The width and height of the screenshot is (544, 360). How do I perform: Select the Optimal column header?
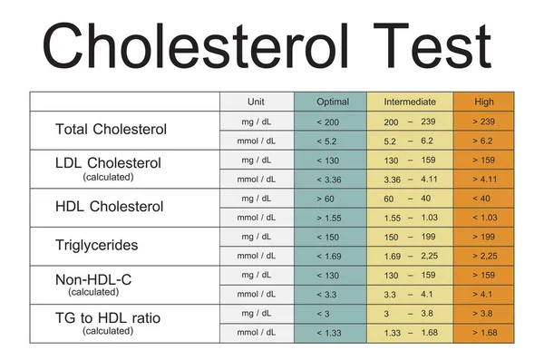[x=329, y=102]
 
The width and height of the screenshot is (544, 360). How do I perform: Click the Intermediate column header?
[x=410, y=102]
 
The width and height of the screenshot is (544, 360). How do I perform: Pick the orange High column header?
[x=483, y=102]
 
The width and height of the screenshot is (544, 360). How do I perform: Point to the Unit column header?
[x=256, y=102]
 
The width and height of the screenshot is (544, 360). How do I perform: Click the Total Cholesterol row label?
[x=112, y=130]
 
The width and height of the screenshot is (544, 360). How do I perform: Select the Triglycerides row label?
[x=95, y=246]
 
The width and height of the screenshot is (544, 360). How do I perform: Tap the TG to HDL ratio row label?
[x=108, y=314]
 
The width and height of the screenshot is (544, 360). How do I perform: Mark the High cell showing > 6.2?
[x=483, y=141]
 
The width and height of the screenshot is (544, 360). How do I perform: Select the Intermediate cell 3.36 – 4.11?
[x=410, y=180]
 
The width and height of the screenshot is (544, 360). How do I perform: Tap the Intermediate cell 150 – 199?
[x=410, y=237]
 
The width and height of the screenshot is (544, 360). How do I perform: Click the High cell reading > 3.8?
[x=483, y=314]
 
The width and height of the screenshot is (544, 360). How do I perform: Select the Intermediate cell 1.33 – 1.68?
[x=410, y=333]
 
